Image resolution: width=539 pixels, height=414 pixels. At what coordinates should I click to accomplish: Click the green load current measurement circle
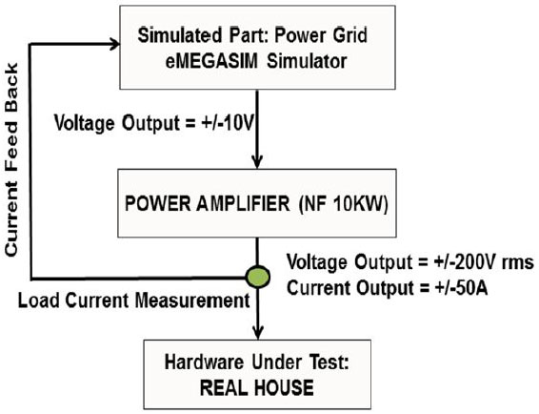(x=258, y=277)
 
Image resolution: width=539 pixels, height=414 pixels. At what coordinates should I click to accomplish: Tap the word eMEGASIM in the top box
(x=211, y=61)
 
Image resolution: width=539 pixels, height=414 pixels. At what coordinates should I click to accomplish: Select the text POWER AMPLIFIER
(x=208, y=203)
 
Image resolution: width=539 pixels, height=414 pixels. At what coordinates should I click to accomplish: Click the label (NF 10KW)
(x=344, y=204)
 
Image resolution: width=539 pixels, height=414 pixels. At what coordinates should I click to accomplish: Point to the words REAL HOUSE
(x=257, y=387)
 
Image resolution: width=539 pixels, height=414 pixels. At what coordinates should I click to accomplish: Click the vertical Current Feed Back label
(x=11, y=159)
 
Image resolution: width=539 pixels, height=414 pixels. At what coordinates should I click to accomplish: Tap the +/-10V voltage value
(x=227, y=123)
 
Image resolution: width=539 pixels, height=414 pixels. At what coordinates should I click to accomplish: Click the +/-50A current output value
(x=461, y=288)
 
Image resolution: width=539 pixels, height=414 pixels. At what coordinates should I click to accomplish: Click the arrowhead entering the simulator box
(x=115, y=44)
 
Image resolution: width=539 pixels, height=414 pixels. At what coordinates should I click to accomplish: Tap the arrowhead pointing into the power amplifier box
(x=257, y=161)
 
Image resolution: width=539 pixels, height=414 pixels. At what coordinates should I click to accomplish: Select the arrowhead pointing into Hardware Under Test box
(x=258, y=332)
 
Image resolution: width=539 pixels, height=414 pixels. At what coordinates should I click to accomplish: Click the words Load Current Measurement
(x=133, y=300)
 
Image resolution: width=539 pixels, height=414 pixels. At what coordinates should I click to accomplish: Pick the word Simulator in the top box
(x=307, y=61)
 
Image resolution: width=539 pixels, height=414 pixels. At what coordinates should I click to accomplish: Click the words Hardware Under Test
(x=257, y=362)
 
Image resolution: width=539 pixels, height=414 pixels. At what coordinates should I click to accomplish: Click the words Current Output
(x=350, y=288)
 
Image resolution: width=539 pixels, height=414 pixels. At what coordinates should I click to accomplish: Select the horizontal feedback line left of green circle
(x=138, y=278)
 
